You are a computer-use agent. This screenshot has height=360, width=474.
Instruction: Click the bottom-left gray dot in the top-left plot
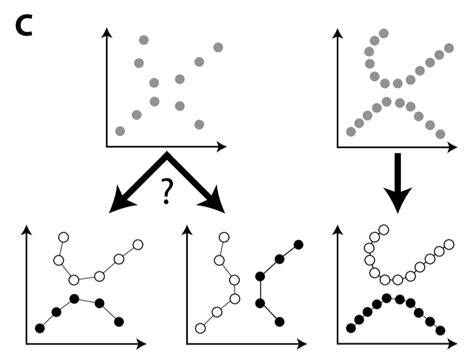121,131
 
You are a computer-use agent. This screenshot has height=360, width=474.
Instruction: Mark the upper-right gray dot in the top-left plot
218,47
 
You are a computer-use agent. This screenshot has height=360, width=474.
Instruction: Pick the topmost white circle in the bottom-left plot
64,237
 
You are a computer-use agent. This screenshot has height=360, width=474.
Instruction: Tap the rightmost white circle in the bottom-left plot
139,244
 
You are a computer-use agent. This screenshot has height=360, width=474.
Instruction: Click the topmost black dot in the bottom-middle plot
299,245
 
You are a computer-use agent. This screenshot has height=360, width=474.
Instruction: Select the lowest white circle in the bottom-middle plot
200,328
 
